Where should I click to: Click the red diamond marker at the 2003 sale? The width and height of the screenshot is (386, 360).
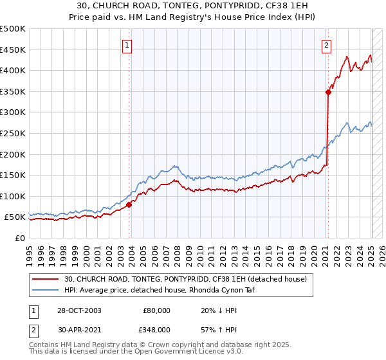click(129, 204)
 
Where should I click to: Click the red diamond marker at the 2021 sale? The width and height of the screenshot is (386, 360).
click(328, 92)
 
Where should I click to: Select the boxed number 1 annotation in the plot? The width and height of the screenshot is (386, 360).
click(127, 45)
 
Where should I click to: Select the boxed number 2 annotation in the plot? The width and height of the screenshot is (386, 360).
click(327, 45)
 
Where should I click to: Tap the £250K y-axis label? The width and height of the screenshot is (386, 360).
click(13, 133)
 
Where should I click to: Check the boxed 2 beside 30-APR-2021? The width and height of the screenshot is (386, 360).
click(33, 329)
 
